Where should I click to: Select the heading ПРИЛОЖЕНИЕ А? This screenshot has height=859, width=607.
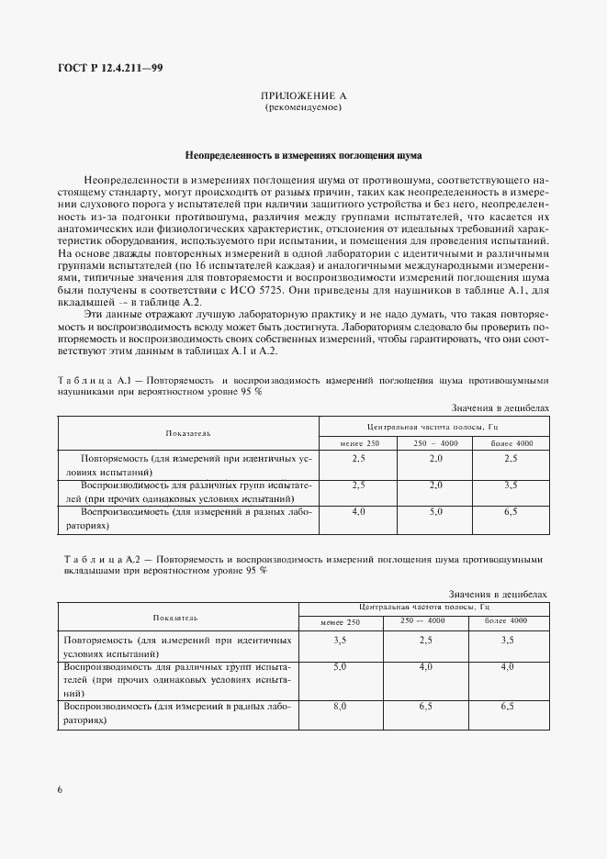click(303, 95)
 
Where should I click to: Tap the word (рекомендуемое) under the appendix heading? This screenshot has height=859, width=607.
click(303, 107)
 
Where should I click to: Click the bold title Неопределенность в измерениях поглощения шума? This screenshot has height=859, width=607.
click(303, 156)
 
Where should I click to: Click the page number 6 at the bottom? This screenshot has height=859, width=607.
click(61, 788)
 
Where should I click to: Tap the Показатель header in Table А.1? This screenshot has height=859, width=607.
click(188, 432)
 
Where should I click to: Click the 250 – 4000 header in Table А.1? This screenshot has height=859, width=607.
click(435, 443)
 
